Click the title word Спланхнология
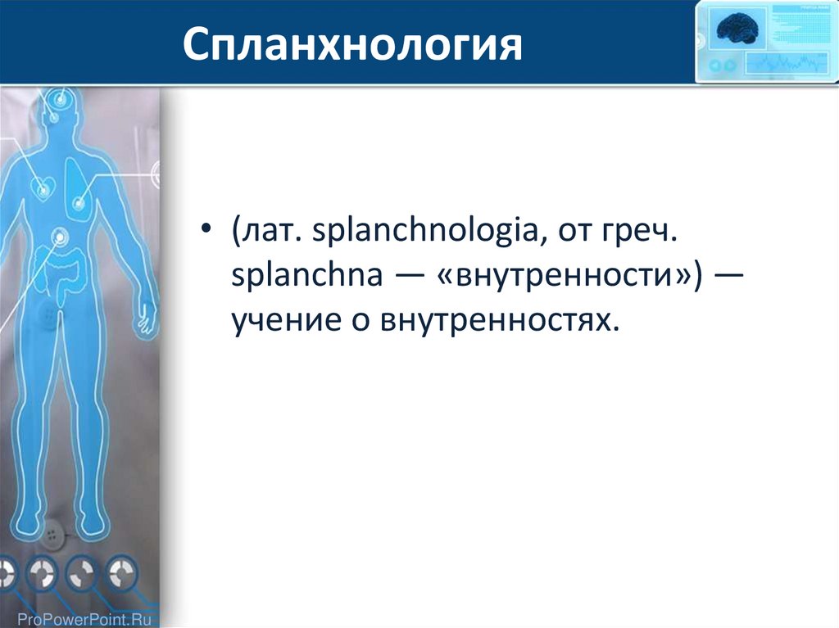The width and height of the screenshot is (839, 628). [x=352, y=44]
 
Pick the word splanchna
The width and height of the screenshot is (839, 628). [x=306, y=274]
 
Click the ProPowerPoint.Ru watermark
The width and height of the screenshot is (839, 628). [x=84, y=620]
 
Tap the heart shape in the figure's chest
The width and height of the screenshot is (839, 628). [x=43, y=186]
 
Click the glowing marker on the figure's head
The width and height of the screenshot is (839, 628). [x=61, y=98]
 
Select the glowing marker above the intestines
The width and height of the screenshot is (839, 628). [x=59, y=237]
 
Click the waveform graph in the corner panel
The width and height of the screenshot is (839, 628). [x=785, y=64]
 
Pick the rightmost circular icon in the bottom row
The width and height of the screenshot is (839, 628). [x=122, y=573]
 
